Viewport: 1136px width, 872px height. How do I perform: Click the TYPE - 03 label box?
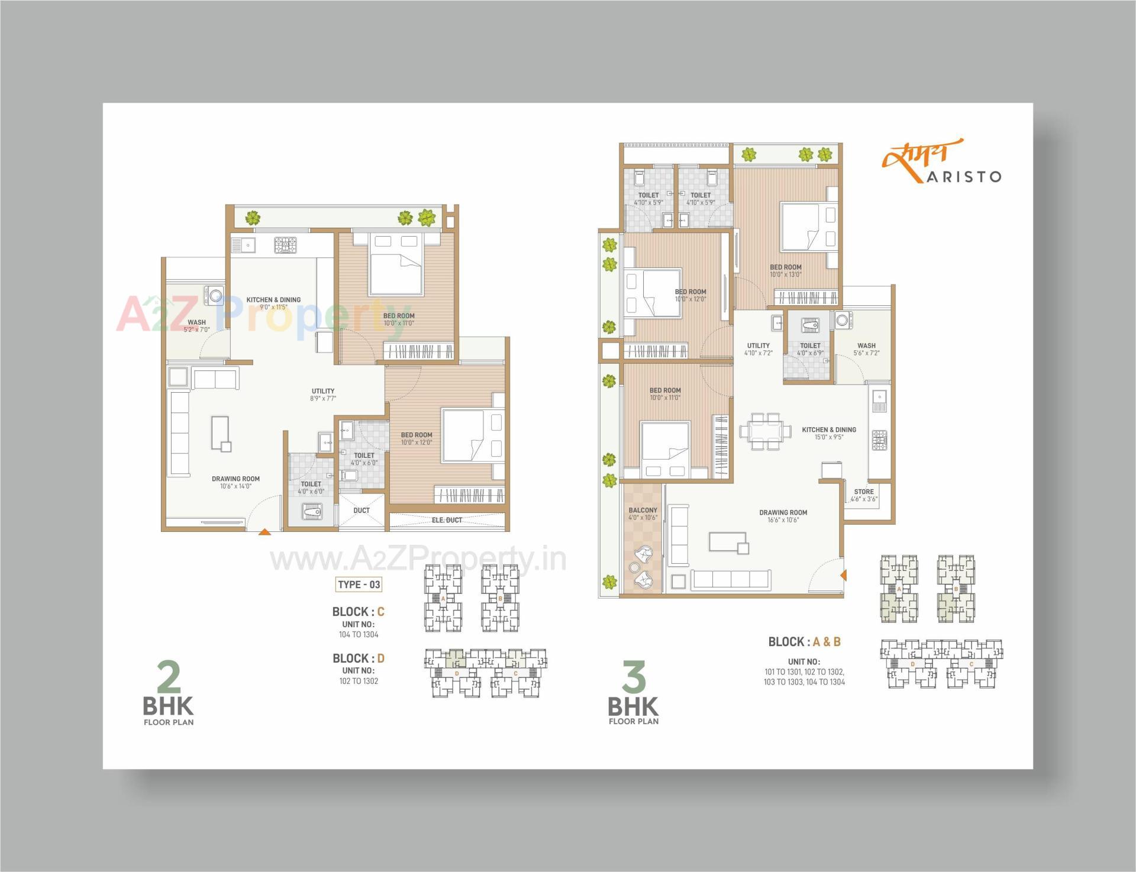[x=359, y=584]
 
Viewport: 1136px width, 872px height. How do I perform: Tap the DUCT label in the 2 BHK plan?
[x=362, y=511]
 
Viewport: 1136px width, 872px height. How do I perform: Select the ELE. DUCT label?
[x=447, y=520]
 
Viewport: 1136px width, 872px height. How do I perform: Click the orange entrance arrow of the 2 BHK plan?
[x=264, y=532]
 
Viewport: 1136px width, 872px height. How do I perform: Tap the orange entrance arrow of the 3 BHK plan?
[x=844, y=574]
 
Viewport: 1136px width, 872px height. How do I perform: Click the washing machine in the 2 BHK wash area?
[x=212, y=295]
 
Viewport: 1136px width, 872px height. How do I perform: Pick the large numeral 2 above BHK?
[x=169, y=678]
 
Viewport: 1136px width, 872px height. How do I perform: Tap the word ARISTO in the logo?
[x=963, y=177]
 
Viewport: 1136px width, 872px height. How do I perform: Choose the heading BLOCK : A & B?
[x=804, y=642]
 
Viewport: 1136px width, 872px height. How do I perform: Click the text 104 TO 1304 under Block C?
[x=359, y=634]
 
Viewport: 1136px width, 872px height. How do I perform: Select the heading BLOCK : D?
[x=359, y=658]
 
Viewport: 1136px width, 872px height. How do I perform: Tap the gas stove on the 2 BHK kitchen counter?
[x=285, y=244]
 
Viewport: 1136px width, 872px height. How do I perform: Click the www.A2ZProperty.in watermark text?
[x=418, y=560]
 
